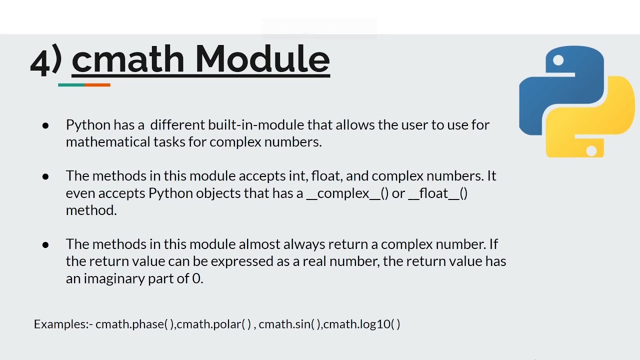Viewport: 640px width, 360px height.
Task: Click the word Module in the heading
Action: coord(262,59)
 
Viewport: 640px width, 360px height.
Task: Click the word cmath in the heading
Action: coord(128,59)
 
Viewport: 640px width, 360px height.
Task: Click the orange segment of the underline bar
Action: coord(97,85)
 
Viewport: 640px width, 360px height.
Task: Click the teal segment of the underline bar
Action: coord(71,85)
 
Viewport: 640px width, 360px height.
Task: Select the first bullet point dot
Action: coord(45,125)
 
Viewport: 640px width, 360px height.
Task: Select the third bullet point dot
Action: coord(45,244)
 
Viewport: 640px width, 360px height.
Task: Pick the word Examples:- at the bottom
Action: coord(63,324)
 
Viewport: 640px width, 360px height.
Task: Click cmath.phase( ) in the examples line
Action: coord(134,324)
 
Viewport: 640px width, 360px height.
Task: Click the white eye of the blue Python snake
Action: coord(558,61)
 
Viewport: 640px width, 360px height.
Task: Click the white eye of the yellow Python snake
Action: coord(591,149)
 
